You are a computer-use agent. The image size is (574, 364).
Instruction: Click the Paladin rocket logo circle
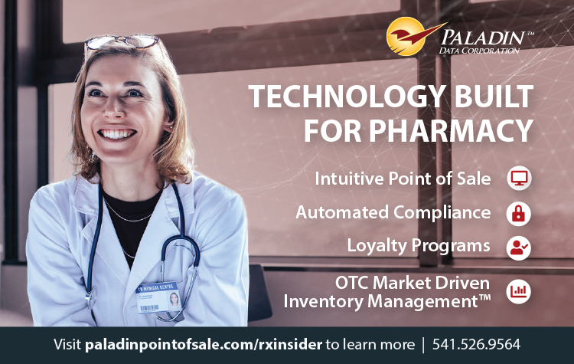406,36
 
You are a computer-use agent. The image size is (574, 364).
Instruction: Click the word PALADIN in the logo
483,38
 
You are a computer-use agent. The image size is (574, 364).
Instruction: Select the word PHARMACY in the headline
451,130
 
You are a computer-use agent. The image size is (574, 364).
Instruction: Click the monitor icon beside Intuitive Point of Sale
519,178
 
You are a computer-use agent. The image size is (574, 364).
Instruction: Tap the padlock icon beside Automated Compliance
519,213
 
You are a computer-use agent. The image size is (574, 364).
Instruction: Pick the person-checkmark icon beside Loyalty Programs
519,248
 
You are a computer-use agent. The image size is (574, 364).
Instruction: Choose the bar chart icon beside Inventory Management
519,291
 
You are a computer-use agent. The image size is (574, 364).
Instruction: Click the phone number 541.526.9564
476,345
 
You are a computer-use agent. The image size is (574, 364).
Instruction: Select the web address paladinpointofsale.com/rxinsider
204,345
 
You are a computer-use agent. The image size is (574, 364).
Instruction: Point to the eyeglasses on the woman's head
122,42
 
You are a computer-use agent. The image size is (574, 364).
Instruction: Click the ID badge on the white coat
159,297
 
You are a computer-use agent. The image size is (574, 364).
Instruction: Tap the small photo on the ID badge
174,300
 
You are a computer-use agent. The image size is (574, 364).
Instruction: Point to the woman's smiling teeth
117,134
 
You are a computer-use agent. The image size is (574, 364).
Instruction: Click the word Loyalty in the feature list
377,246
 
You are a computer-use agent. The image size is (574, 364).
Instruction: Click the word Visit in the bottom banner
67,345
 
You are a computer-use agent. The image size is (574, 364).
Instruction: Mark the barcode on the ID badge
149,309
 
